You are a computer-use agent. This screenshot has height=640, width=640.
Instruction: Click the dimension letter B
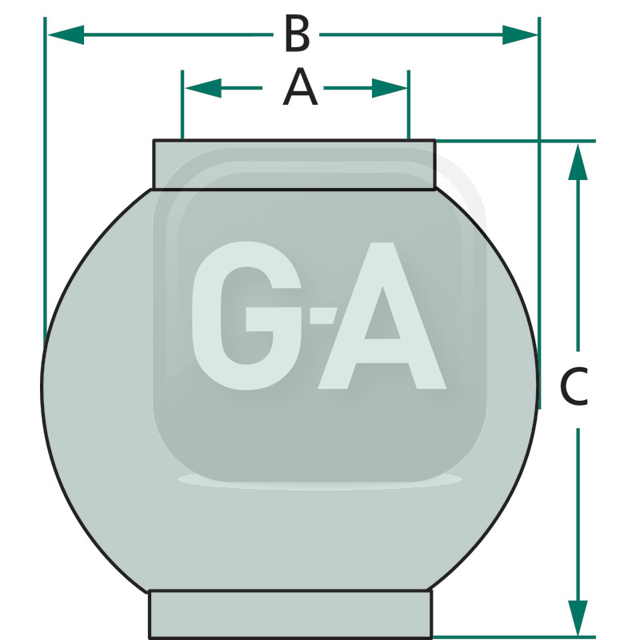[x=297, y=35]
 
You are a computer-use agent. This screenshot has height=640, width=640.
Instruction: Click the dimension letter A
[x=300, y=88]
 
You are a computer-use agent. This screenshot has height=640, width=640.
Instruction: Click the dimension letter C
[x=574, y=387]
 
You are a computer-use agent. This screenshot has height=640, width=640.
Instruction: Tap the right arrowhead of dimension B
[x=520, y=34]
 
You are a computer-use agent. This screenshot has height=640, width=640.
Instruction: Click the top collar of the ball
[x=294, y=165]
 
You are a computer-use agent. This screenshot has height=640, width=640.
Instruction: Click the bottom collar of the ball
[x=290, y=614]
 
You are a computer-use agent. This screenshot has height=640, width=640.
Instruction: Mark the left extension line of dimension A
[x=183, y=108]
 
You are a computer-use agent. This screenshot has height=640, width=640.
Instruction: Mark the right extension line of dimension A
[x=409, y=108]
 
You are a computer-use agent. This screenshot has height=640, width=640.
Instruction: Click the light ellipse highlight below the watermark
[x=320, y=480]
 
